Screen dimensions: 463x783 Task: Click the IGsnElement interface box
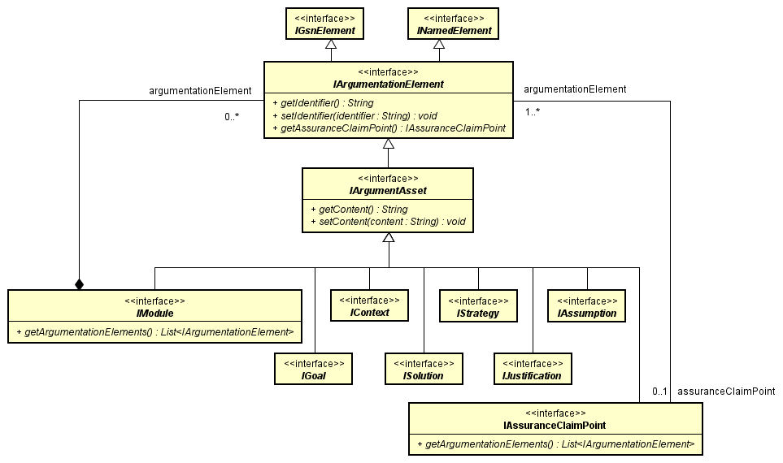[x=324, y=24]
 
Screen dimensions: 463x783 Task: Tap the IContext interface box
[x=368, y=305]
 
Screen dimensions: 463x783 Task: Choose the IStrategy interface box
[x=478, y=305]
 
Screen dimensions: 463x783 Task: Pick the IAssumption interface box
[x=587, y=305]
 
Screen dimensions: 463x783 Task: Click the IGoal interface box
[x=314, y=368]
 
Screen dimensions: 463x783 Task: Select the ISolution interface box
[x=424, y=368]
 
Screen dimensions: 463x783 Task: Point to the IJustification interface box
[x=533, y=368]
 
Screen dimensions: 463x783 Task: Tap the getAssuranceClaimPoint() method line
[x=389, y=128]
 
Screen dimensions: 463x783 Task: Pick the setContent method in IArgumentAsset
[x=387, y=222]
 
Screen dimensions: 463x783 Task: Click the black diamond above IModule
[x=79, y=283]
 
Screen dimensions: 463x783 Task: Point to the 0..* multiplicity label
[x=232, y=118]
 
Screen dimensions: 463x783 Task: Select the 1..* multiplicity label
[x=533, y=112]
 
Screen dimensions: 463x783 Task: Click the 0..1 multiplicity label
[x=659, y=392]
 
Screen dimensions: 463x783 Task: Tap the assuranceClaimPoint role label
[x=725, y=392]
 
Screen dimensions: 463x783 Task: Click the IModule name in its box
[x=155, y=313]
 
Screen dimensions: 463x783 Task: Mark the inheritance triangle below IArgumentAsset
[x=389, y=237]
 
